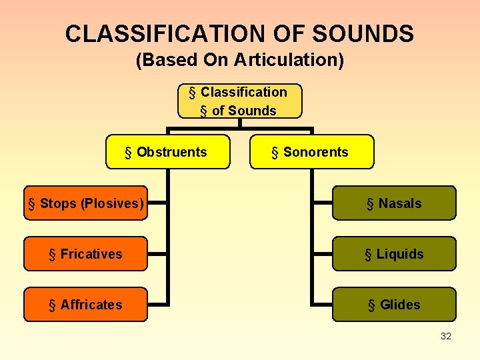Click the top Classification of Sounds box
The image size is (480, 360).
[x=239, y=101]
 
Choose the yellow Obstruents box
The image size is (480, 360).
[x=168, y=152]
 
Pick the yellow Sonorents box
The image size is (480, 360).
[x=312, y=152]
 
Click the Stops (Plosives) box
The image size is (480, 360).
[x=85, y=203]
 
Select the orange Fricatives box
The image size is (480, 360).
[x=85, y=254]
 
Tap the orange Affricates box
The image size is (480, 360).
[x=85, y=305]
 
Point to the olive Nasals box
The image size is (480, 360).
[x=394, y=203]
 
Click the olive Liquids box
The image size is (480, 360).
[x=394, y=254]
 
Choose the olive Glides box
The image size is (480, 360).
[x=394, y=305]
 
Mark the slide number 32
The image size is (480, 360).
[x=446, y=336]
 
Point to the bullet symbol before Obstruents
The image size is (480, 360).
[x=129, y=153]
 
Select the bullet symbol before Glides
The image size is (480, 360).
[x=371, y=305]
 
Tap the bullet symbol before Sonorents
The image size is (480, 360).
[x=275, y=153]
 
